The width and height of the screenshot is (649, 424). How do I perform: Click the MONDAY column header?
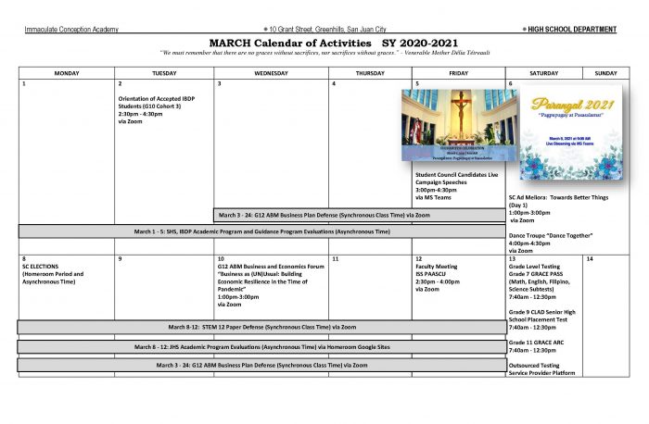click(66, 72)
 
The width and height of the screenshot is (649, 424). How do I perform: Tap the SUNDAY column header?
click(605, 72)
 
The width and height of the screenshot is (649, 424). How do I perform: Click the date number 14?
click(590, 258)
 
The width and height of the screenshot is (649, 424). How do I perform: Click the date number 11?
click(336, 258)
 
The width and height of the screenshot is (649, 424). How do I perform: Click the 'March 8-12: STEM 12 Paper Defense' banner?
click(261, 327)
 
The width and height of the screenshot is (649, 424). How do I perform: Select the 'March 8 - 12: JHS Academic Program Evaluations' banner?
click(261, 346)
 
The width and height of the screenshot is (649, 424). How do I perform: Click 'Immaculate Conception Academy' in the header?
click(71, 30)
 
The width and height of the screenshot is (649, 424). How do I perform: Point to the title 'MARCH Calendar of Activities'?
click(295, 43)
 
